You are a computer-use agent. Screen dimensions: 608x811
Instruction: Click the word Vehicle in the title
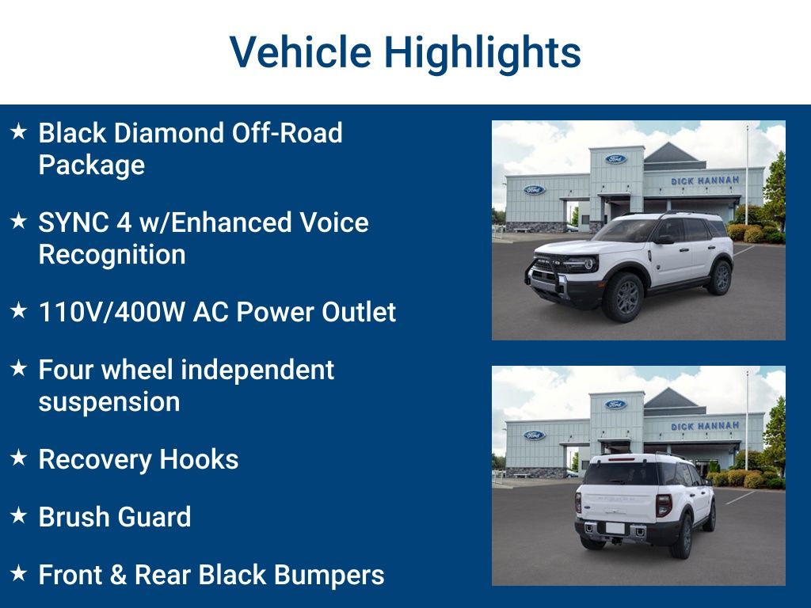pyautogui.click(x=299, y=52)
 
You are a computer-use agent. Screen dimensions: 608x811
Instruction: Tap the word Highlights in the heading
pyautogui.click(x=482, y=52)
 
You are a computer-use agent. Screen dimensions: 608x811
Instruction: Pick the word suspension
pyautogui.click(x=109, y=401)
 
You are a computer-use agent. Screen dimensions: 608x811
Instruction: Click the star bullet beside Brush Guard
pyautogui.click(x=19, y=516)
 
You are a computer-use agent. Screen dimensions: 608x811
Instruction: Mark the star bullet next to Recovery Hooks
pyautogui.click(x=19, y=458)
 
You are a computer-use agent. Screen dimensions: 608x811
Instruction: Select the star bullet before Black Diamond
pyautogui.click(x=19, y=131)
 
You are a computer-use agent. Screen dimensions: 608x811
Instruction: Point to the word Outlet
pyautogui.click(x=361, y=312)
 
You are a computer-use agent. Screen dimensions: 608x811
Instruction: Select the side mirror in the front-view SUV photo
pyautogui.click(x=664, y=238)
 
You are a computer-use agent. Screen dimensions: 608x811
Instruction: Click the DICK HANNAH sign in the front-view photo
pyautogui.click(x=705, y=181)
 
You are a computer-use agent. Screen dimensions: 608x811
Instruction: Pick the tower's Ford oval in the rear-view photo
pyautogui.click(x=616, y=405)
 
